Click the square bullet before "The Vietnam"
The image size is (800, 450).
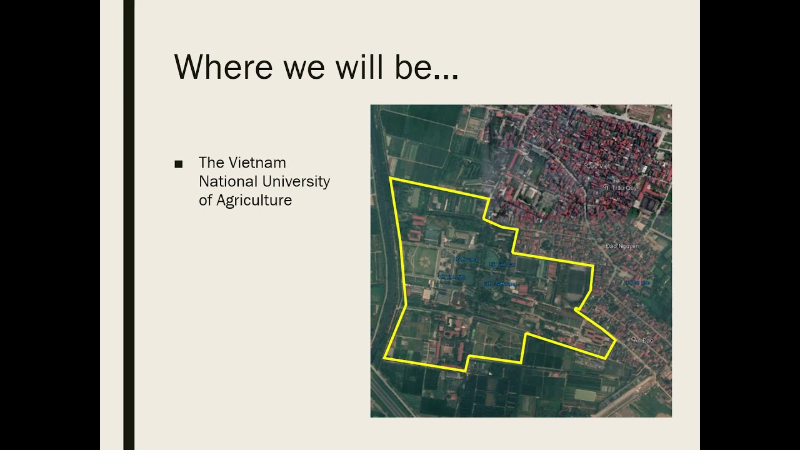click(x=179, y=164)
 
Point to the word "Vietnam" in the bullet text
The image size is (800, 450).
click(x=257, y=162)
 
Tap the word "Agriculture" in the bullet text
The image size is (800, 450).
click(x=254, y=200)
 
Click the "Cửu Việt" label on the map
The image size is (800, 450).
click(x=597, y=166)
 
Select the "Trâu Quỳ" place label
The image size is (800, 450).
click(x=618, y=187)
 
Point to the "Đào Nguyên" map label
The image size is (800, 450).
click(x=622, y=246)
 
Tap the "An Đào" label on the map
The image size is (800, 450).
click(x=643, y=340)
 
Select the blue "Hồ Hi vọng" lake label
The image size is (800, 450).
click(x=465, y=259)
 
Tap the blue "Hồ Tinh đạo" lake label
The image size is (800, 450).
click(x=503, y=265)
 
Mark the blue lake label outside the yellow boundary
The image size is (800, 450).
click(x=638, y=283)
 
